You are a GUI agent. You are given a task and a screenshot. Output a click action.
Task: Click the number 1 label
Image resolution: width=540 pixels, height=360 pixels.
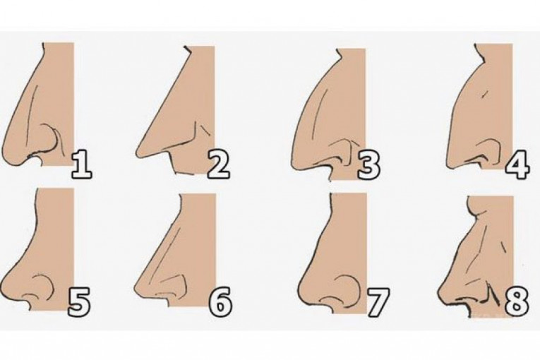[x=81, y=165]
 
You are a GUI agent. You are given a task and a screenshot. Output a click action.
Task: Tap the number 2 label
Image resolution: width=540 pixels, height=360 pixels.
[x=218, y=165]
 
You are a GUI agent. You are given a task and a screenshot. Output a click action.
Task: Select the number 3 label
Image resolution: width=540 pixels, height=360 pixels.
[x=368, y=165]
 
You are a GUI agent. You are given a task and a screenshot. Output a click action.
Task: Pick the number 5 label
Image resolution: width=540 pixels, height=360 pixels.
[x=79, y=302]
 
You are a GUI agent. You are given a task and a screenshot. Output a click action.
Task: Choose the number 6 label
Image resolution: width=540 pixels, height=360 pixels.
[x=220, y=302]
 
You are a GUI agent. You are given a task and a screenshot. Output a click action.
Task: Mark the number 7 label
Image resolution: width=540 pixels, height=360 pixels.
[x=378, y=302]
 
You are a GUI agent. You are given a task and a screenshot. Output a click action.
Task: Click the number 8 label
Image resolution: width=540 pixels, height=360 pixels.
[x=517, y=302]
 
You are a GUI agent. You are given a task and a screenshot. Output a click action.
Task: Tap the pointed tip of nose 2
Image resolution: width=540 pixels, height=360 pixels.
[x=138, y=152]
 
